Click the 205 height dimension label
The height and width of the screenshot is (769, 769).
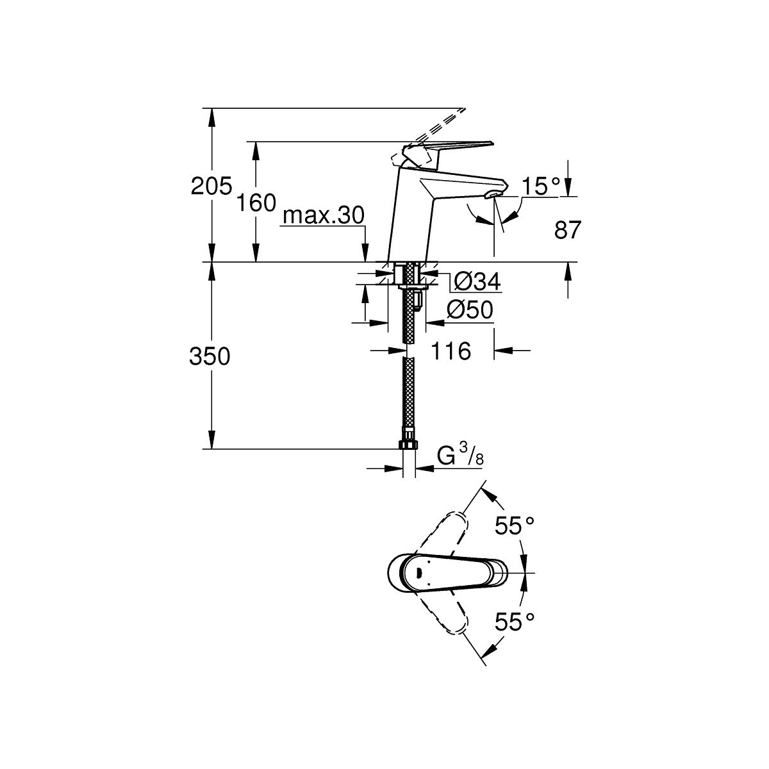pos(211,186)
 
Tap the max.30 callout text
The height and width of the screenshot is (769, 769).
pos(324,215)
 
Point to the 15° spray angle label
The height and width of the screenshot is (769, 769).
pos(542,186)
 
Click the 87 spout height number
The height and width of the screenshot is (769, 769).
pos(568,230)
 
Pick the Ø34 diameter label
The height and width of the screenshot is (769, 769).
pos(477,282)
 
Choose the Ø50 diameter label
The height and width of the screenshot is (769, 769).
pos(470,310)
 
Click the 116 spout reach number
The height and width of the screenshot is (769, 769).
pos(451,351)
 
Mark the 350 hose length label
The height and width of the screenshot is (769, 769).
pos(210,356)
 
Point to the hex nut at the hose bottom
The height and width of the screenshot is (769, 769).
pos(408,445)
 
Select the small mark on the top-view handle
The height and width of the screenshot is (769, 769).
pos(418,573)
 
